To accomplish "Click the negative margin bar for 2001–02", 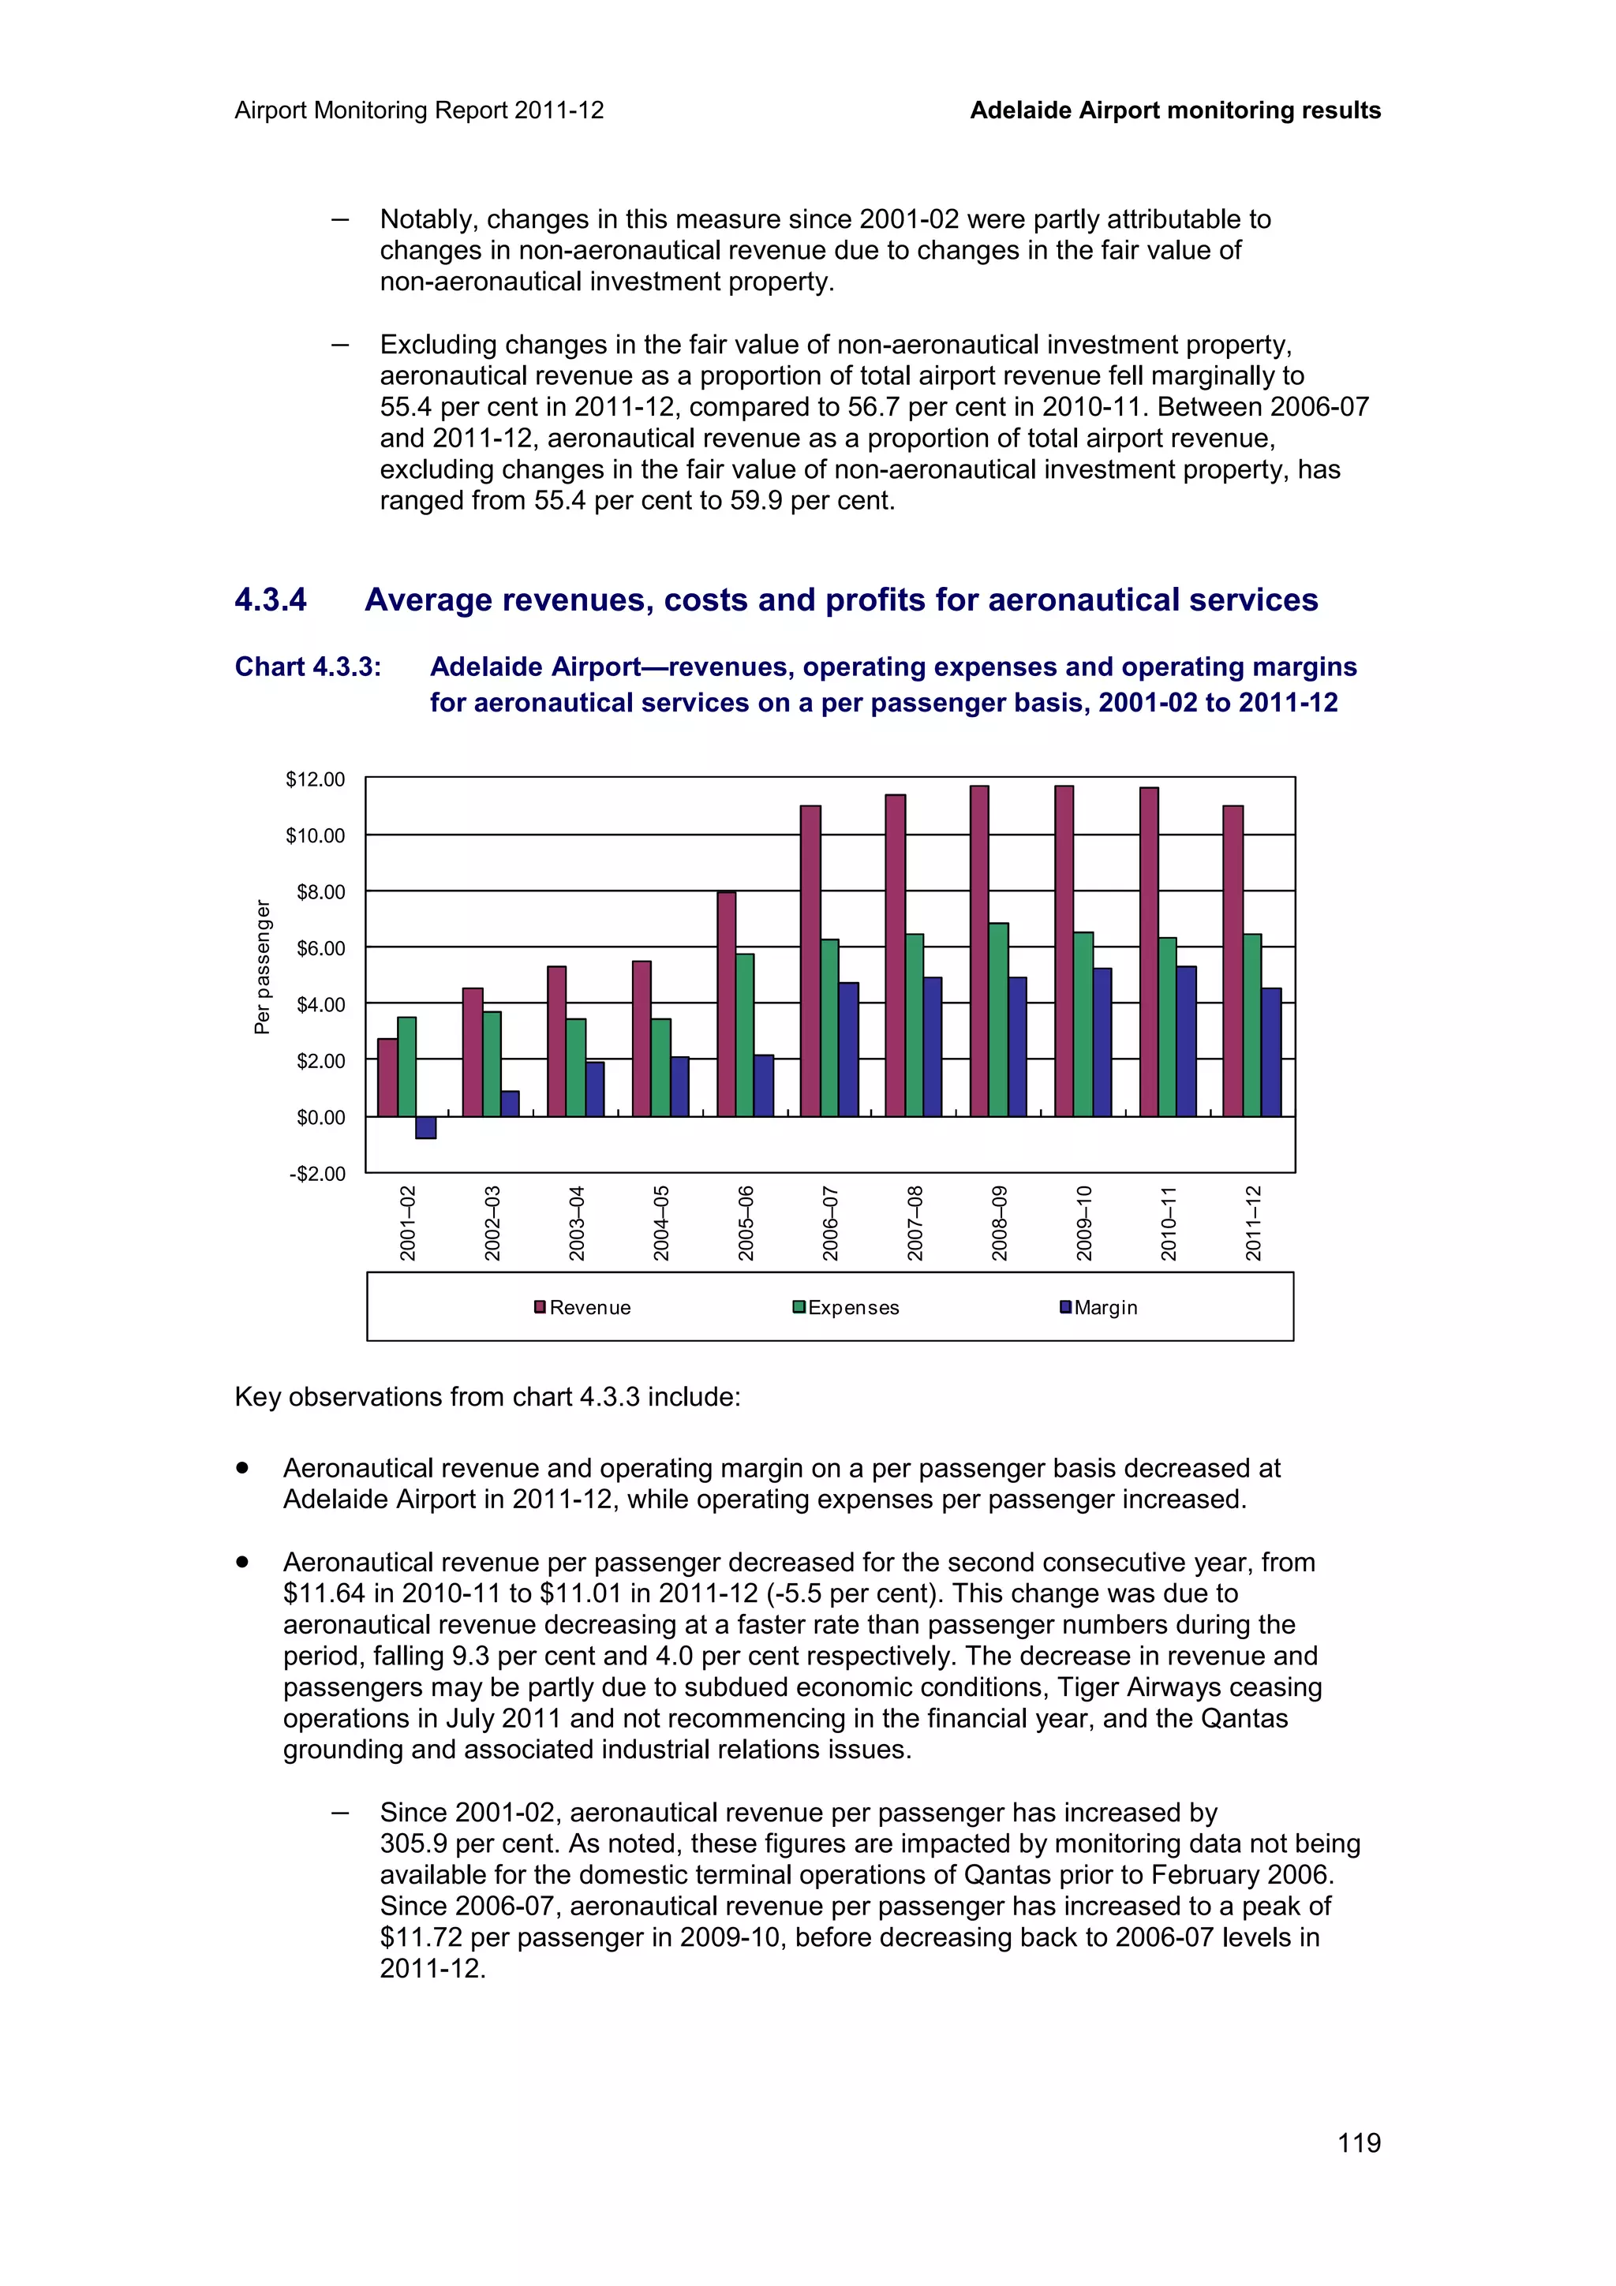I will (425, 1127).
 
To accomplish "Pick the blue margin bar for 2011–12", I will (1270, 1051).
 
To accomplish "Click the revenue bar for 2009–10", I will (1064, 951).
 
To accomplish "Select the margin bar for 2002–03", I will (510, 1104).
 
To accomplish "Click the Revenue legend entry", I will (582, 1307).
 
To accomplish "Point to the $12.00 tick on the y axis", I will (316, 779).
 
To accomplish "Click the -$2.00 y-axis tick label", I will (316, 1174).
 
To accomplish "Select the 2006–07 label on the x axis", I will (830, 1223).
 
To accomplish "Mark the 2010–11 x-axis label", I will (1169, 1223).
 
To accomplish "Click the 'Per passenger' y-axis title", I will (262, 967).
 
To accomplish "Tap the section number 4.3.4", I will (271, 600).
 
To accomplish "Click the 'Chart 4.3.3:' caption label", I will (308, 667).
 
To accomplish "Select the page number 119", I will (1358, 2142).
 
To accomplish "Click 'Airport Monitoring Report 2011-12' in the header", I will (419, 110).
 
